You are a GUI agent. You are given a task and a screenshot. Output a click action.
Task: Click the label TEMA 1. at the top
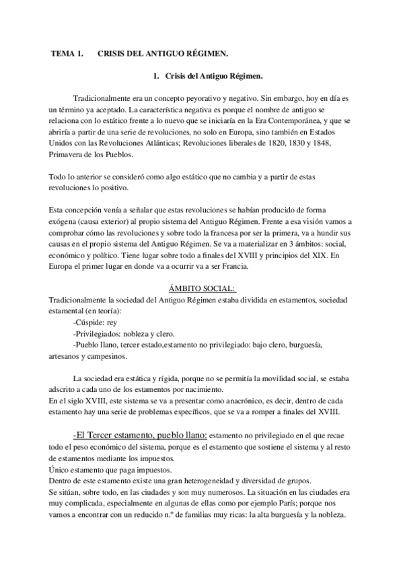(x=67, y=52)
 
